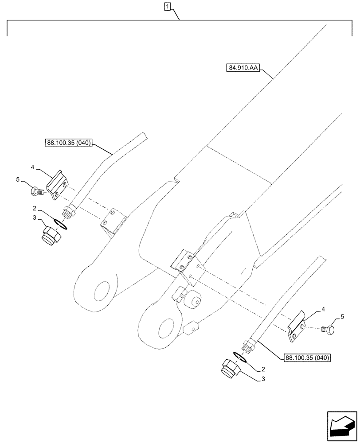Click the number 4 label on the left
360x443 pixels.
coord(32,167)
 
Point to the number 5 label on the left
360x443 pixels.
coord(18,179)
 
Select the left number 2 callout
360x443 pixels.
coord(33,207)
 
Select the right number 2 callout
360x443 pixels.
coord(263,369)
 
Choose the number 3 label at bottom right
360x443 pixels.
coord(264,379)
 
